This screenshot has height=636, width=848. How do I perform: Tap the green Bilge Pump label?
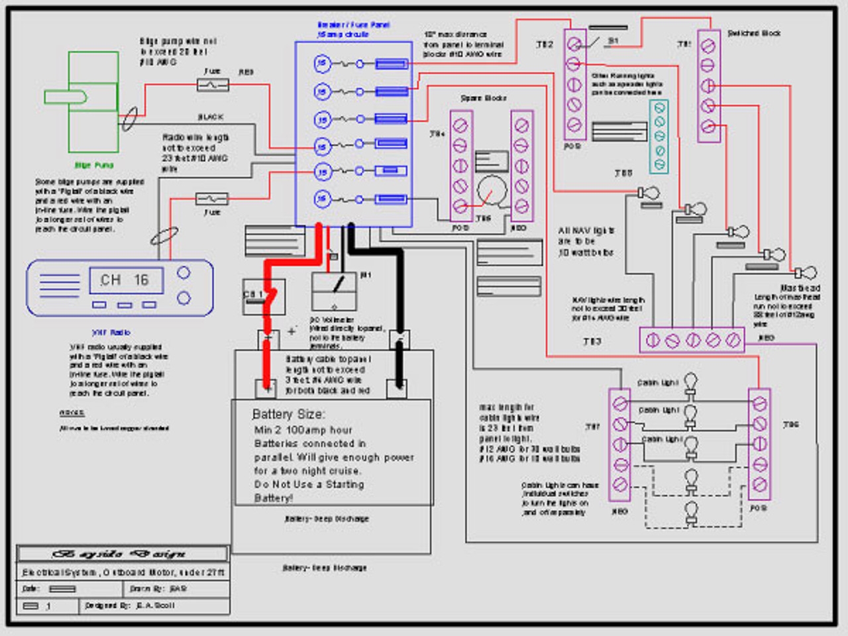pyautogui.click(x=94, y=165)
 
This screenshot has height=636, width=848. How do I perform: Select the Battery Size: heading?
pyautogui.click(x=288, y=414)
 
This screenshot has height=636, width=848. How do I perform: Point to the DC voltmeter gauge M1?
pyautogui.click(x=334, y=290)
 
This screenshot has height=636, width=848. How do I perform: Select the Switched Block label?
pyautogui.click(x=754, y=33)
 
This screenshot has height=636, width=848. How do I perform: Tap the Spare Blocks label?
pyautogui.click(x=484, y=98)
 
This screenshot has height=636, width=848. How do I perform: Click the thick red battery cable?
pyautogui.click(x=268, y=311)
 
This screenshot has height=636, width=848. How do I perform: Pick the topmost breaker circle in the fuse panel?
pyautogui.click(x=322, y=64)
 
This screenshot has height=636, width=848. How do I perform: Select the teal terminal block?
pyautogui.click(x=659, y=136)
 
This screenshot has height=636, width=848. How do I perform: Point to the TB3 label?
pyautogui.click(x=592, y=342)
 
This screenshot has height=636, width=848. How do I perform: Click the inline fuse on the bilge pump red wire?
pyautogui.click(x=213, y=85)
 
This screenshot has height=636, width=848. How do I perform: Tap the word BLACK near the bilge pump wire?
pyautogui.click(x=210, y=117)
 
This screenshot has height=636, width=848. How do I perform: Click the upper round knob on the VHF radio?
pyautogui.click(x=184, y=272)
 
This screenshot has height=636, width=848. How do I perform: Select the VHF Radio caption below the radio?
pyautogui.click(x=111, y=333)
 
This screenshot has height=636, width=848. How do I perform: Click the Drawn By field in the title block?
pyautogui.click(x=158, y=588)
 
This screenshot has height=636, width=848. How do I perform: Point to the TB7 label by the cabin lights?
pyautogui.click(x=592, y=427)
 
